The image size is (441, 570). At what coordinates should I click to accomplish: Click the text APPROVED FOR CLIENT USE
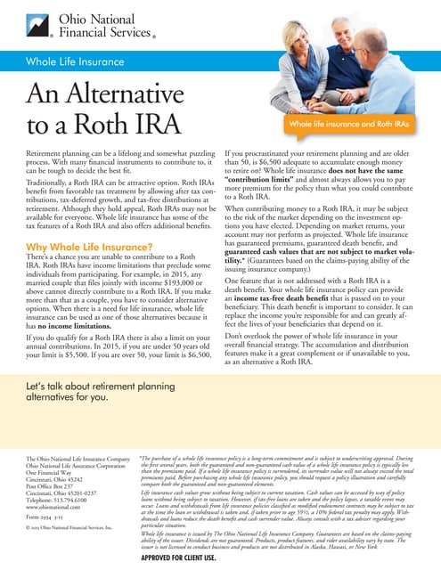pyautogui.click(x=190, y=557)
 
